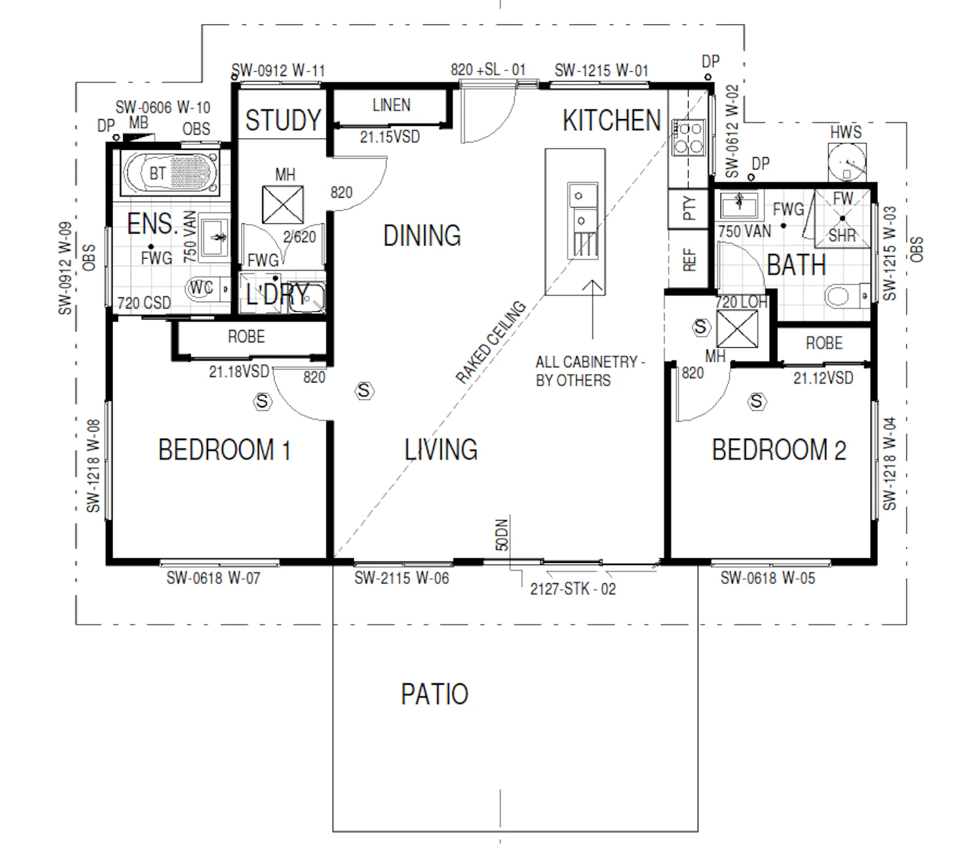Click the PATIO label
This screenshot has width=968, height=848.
tap(434, 694)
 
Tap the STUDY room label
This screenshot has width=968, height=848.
tap(283, 120)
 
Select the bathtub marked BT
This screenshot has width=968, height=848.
tap(170, 173)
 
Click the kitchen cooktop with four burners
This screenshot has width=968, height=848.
tap(689, 138)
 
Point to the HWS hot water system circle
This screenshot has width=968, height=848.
tap(848, 161)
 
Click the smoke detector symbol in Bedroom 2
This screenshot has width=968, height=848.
tap(756, 401)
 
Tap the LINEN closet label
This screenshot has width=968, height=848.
tap(391, 105)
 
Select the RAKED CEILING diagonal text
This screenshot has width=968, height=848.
tap(491, 342)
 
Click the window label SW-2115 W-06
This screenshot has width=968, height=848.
tap(402, 578)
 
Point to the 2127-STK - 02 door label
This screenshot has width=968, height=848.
tap(573, 589)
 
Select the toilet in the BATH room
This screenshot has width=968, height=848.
tap(847, 295)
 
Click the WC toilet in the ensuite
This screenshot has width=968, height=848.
tap(208, 288)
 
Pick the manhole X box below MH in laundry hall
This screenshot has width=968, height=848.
tap(283, 205)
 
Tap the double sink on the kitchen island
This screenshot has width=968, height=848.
tap(583, 221)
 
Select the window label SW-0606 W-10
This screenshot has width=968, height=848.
tap(162, 107)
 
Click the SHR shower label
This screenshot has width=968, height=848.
tap(842, 235)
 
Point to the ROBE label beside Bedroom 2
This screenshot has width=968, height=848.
tap(824, 343)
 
